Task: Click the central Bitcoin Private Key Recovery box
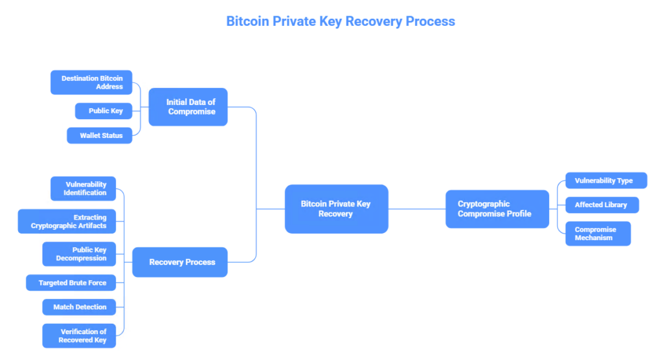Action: tap(336, 208)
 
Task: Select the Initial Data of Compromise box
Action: tap(188, 107)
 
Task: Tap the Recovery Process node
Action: tap(180, 262)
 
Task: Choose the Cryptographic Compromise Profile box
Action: tap(497, 208)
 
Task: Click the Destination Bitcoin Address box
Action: tap(91, 82)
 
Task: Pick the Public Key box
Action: tap(104, 111)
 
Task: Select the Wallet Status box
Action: tap(100, 135)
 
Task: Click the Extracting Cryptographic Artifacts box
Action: tap(67, 221)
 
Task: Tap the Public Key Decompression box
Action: tap(79, 254)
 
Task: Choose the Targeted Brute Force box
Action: tap(71, 283)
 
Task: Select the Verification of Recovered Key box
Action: tap(79, 335)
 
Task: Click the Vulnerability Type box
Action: tap(606, 181)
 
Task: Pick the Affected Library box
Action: tap(602, 205)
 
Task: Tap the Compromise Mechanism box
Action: tap(598, 233)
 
